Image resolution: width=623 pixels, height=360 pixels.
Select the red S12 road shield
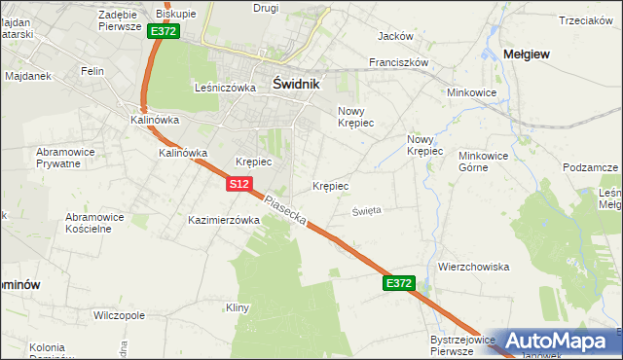241,183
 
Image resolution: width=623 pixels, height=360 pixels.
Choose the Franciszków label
399,61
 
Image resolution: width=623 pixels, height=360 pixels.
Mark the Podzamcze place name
590,167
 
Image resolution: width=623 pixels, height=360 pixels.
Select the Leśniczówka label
225,87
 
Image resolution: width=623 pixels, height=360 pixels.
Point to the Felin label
92,71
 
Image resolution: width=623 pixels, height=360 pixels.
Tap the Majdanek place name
26,75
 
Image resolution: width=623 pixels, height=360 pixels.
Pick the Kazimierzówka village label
224,220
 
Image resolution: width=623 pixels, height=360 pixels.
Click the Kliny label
238,307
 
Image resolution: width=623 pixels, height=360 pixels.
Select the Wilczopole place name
119,315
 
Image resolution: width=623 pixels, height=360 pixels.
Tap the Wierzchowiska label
474,267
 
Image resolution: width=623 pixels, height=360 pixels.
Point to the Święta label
367,210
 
